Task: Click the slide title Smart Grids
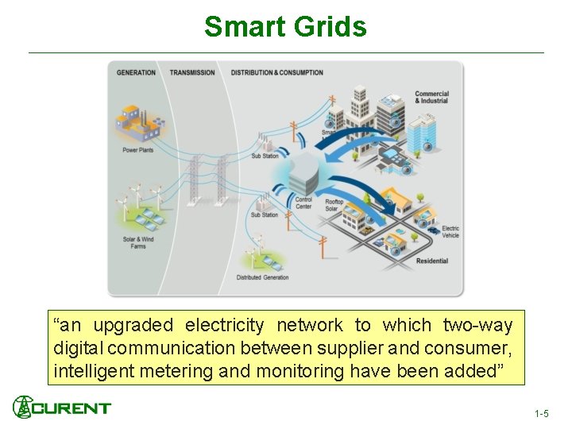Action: pos(285,26)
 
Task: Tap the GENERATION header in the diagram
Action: pos(136,73)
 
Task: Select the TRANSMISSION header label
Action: pos(192,73)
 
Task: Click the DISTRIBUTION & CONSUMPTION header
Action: pos(276,73)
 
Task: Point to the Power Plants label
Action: pos(137,150)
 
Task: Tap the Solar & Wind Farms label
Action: pos(137,242)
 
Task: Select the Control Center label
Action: pos(303,203)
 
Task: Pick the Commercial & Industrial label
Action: pos(431,97)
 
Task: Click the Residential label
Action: pos(431,261)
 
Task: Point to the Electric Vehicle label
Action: pos(450,232)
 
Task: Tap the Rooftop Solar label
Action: pos(334,205)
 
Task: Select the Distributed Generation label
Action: pos(262,278)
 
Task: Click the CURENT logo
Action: pos(62,408)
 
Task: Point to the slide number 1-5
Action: pos(541,414)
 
